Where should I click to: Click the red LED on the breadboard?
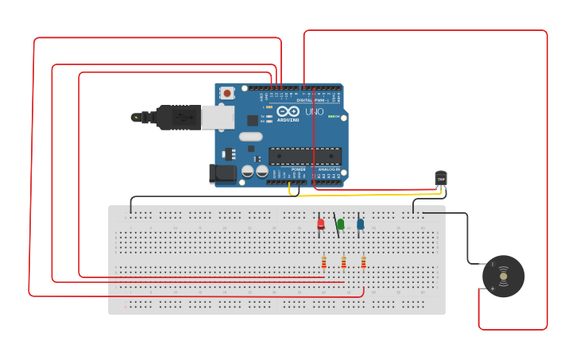(x=321, y=224)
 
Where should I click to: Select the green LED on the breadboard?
(x=341, y=224)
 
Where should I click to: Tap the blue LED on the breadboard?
(x=361, y=224)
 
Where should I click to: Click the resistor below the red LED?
(x=324, y=261)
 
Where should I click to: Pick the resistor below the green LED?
(x=343, y=261)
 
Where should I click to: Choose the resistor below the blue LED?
(x=363, y=261)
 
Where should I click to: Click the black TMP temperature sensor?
(x=441, y=179)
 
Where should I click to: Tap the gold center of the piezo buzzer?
(x=503, y=276)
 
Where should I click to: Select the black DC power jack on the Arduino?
(x=223, y=172)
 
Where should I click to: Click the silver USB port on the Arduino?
(x=217, y=117)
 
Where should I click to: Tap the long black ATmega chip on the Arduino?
(x=305, y=156)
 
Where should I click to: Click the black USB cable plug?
(x=177, y=118)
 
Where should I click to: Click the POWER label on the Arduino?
(x=298, y=169)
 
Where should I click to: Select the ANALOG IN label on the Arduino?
(x=329, y=169)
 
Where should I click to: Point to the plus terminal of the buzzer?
(x=493, y=288)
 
